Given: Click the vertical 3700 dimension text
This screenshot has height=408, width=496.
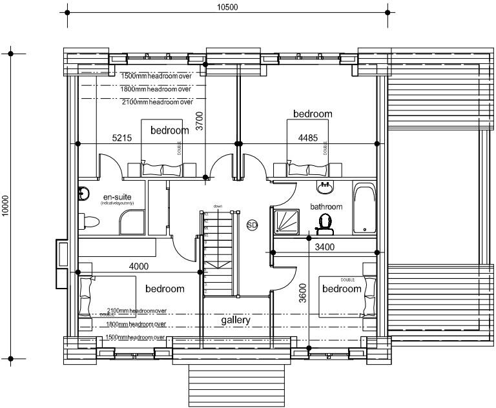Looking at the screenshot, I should pos(200,122).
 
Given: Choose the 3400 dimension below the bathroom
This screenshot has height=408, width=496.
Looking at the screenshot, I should pos(325,246).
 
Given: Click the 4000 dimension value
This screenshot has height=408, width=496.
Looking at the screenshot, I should pos(138,265).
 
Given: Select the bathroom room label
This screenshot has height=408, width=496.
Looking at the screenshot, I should pos(325,207).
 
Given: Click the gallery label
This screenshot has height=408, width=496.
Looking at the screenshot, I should pos(235,320).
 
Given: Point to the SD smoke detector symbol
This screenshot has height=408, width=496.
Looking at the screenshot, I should pos(252,225).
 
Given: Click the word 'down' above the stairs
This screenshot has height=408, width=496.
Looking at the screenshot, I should pos(218,207).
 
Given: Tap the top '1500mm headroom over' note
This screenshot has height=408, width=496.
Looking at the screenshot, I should pos(156,76).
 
